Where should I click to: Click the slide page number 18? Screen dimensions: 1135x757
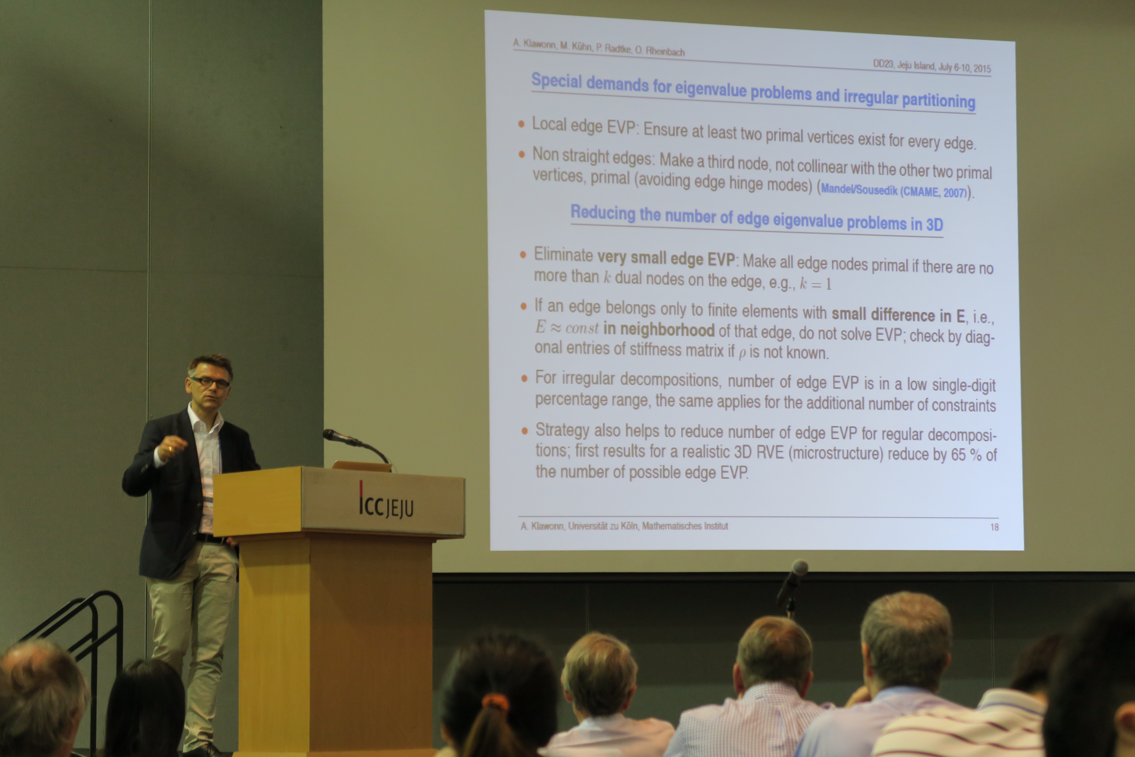(994, 527)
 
